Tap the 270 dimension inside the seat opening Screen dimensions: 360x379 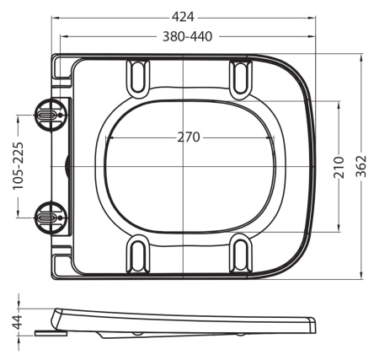(x=189, y=137)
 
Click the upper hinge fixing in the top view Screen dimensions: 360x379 (x=47, y=116)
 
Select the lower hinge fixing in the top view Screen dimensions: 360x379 (x=47, y=216)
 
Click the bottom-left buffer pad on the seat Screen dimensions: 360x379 (x=137, y=254)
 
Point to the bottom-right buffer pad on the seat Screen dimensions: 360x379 (x=240, y=254)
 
